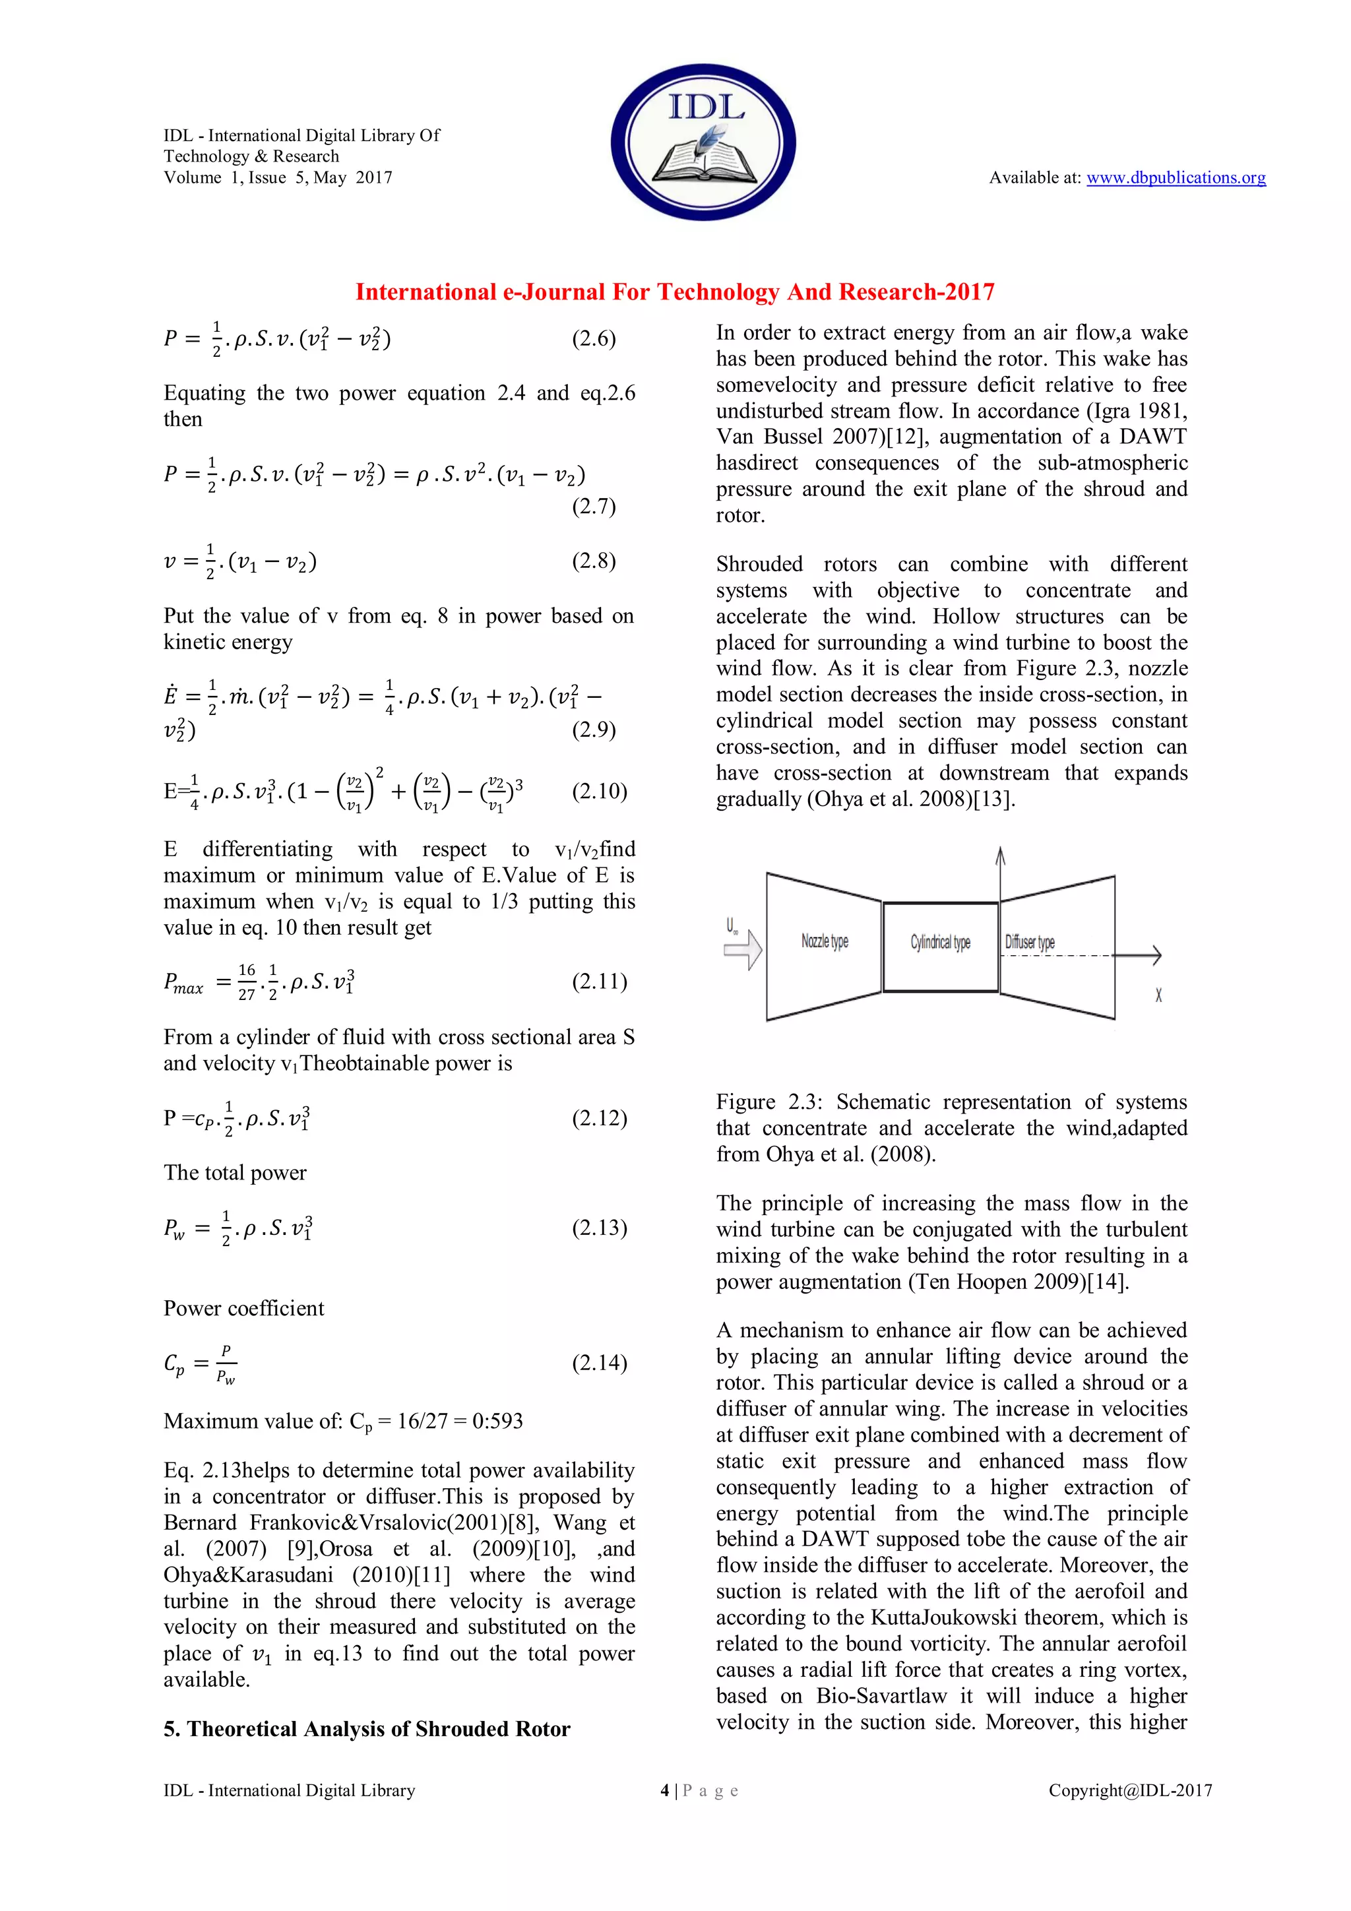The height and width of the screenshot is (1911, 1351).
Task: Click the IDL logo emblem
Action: (703, 142)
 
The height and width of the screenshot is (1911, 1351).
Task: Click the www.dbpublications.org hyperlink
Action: (1176, 177)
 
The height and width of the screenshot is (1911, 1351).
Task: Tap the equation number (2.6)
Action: (594, 339)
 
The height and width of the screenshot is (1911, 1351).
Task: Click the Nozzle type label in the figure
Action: (824, 941)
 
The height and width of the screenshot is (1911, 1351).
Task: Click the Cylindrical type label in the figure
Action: (940, 942)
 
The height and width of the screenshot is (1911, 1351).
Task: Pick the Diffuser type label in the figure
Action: (1030, 942)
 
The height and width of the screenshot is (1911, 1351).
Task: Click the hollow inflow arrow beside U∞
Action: (743, 950)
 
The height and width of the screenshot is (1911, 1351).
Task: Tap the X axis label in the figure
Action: (1158, 995)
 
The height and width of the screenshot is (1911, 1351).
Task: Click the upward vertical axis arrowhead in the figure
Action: (1001, 855)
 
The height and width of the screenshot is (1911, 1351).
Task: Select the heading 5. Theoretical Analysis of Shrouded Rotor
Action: (366, 1729)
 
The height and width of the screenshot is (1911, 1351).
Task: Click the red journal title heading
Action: (675, 292)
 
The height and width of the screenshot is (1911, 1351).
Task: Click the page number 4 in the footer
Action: (664, 1790)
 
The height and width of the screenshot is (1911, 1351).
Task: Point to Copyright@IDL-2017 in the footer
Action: (1129, 1790)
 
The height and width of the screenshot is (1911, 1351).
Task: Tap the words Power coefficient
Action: (244, 1308)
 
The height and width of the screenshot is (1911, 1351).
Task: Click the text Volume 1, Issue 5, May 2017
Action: (278, 177)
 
